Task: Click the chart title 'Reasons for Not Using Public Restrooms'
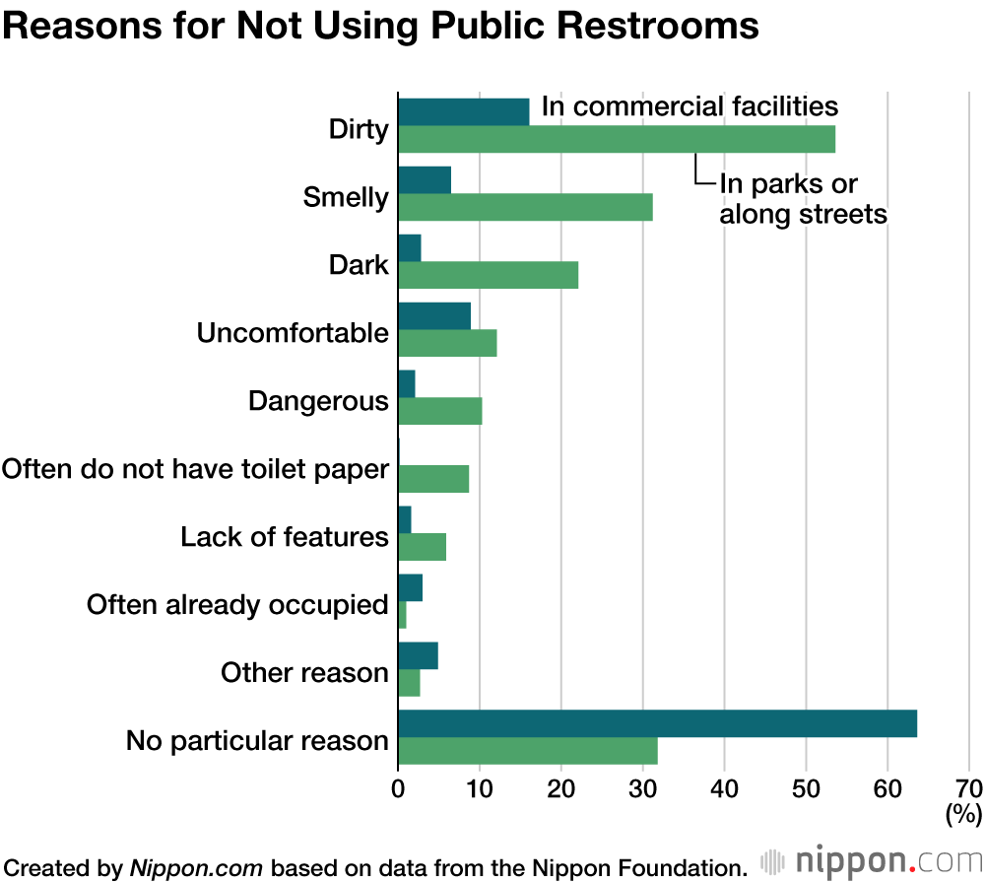380,27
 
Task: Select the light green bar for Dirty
617,140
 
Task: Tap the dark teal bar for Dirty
463,112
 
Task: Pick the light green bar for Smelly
525,208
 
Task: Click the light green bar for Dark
488,276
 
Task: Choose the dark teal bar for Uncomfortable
434,316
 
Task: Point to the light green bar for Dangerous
439,411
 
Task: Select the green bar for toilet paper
433,479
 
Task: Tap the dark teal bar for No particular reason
657,723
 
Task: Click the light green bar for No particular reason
527,751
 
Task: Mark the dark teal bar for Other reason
418,655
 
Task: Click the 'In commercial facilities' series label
689,106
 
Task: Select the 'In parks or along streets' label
803,198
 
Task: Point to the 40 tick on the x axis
724,789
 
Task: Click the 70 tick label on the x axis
968,789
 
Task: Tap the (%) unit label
963,815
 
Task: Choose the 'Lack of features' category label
285,537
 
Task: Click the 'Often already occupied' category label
237,604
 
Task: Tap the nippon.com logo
871,860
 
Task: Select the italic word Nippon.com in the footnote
196,868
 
